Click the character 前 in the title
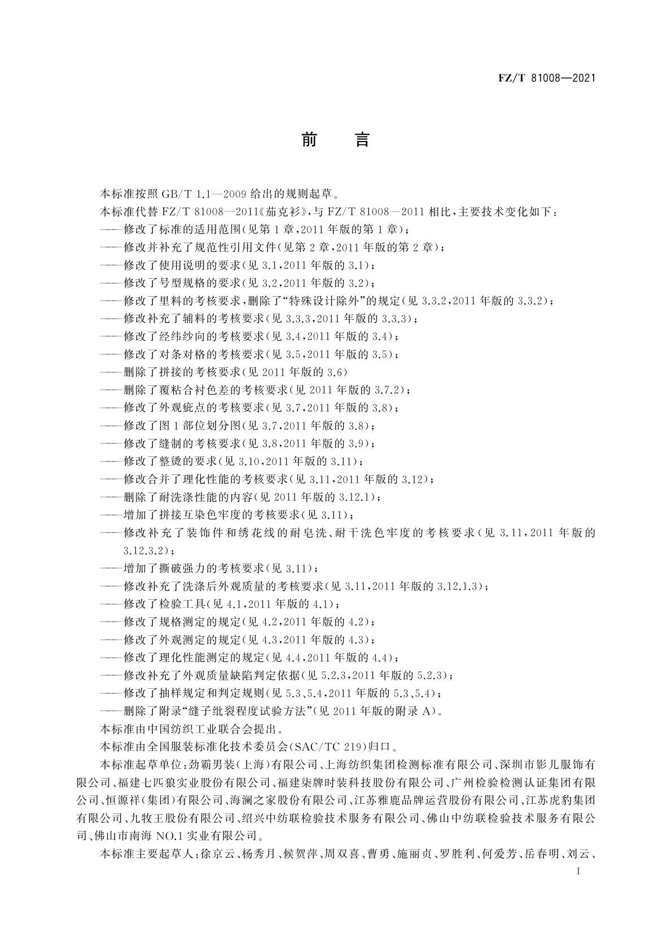coord(309,139)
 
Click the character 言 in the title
coord(362,139)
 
